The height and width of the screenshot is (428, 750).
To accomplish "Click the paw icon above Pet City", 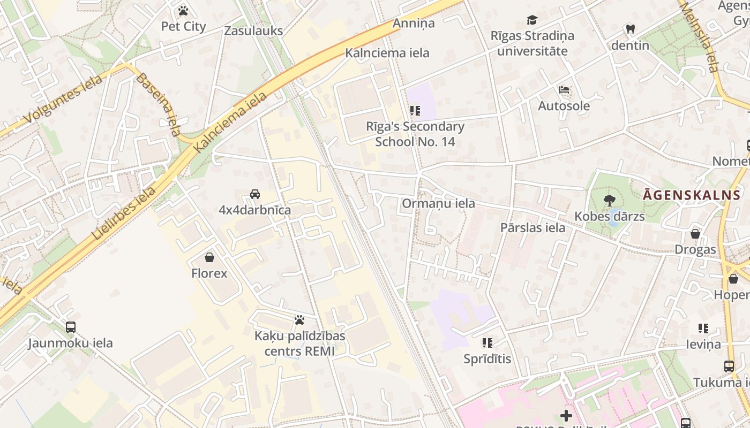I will [183, 11].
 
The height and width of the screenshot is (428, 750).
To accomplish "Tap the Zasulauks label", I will [253, 30].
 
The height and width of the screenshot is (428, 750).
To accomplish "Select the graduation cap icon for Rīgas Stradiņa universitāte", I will [532, 20].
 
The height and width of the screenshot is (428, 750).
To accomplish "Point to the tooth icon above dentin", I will [630, 29].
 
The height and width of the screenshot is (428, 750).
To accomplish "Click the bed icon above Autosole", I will [564, 90].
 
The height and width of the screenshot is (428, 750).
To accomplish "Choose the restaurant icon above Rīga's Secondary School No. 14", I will [415, 111].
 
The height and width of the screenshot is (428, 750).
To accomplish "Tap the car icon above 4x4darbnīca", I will [255, 194].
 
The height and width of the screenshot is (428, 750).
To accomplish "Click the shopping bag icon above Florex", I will [209, 257].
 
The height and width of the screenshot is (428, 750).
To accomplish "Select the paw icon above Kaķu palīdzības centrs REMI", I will [299, 320].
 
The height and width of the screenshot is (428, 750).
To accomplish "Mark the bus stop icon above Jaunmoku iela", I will [70, 327].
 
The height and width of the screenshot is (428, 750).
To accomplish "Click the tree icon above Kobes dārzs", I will [609, 201].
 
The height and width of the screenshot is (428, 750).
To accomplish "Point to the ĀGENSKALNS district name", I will [691, 195].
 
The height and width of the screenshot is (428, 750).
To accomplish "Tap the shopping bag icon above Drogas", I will [695, 234].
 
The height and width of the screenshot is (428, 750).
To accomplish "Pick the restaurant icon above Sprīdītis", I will [487, 343].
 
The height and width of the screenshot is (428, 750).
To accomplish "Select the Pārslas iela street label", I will [532, 227].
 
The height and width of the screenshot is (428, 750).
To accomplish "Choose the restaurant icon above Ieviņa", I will [703, 328].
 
